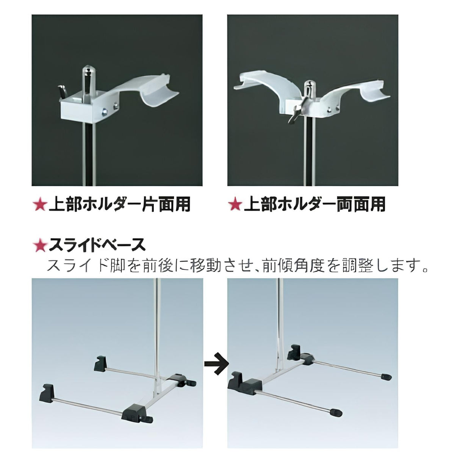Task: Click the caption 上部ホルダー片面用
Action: click(x=119, y=205)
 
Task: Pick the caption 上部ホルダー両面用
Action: click(x=314, y=205)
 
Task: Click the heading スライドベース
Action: click(x=97, y=246)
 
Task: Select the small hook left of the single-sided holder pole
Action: click(x=61, y=91)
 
